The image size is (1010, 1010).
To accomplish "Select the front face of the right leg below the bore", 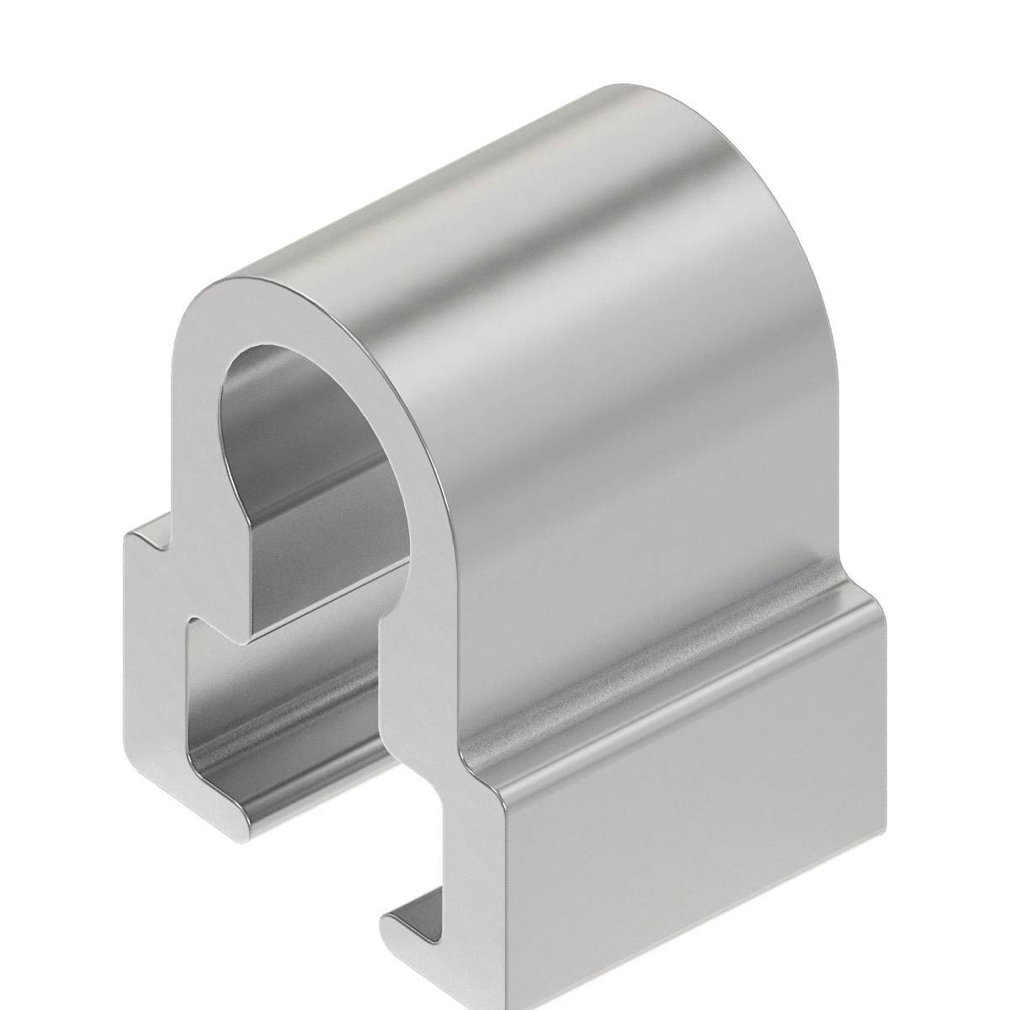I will pyautogui.click(x=421, y=715).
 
